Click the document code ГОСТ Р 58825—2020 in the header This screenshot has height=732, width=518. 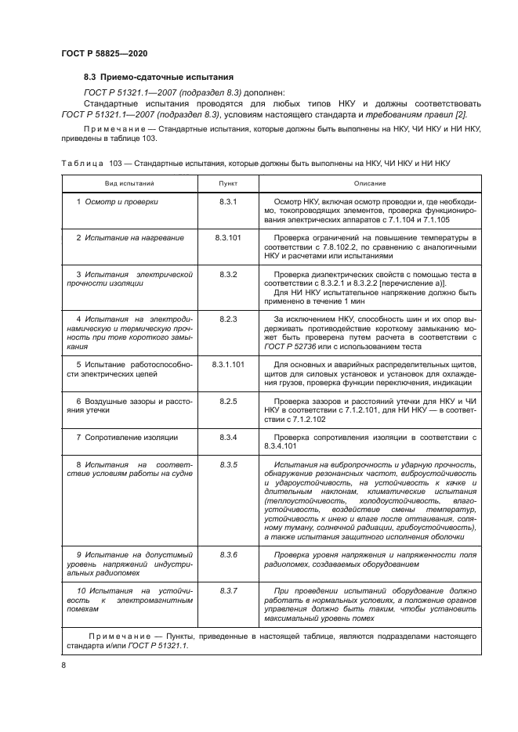pyautogui.click(x=103, y=52)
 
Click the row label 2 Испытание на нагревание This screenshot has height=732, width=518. pyautogui.click(x=129, y=236)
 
